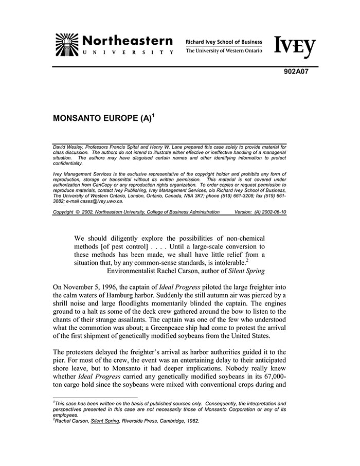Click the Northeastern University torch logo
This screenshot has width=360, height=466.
click(x=66, y=44)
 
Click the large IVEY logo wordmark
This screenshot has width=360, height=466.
click(x=295, y=47)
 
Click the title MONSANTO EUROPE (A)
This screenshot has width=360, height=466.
click(x=102, y=117)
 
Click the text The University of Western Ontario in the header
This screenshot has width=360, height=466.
click(x=224, y=51)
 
